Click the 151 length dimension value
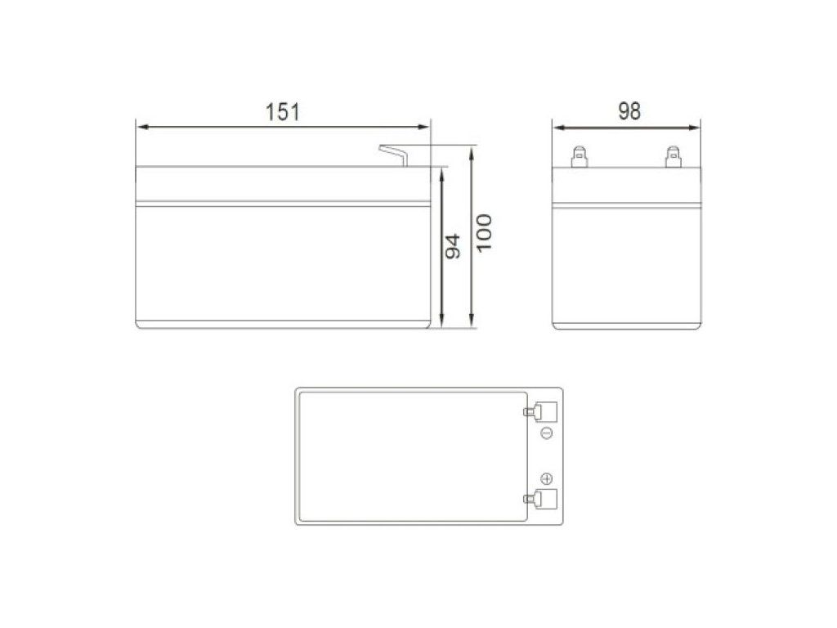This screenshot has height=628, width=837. [x=282, y=111]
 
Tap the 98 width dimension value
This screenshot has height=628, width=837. [x=629, y=111]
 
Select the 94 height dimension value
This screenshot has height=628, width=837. [x=453, y=246]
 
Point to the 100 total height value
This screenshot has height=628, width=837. [x=484, y=233]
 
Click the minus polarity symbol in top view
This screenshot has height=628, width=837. [x=547, y=433]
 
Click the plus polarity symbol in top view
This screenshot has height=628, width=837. [x=547, y=478]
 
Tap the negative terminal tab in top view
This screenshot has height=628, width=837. [x=540, y=412]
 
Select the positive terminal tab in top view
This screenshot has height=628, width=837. [x=540, y=499]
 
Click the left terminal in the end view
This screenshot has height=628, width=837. [x=580, y=157]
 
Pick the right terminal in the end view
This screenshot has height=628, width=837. [x=674, y=157]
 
